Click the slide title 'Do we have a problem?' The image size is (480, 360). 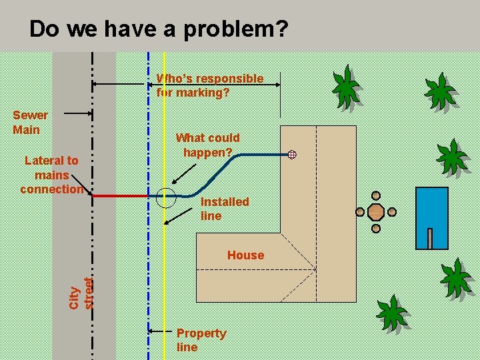pyautogui.click(x=158, y=29)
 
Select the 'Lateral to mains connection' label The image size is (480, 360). pyautogui.click(x=52, y=175)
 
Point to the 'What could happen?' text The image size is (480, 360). pyautogui.click(x=207, y=145)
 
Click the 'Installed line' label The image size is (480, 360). pyautogui.click(x=225, y=208)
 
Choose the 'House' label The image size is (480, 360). pyautogui.click(x=245, y=255)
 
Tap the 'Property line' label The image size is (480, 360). pyautogui.click(x=201, y=339)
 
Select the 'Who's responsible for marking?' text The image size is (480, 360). pyautogui.click(x=210, y=85)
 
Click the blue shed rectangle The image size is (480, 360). pyautogui.click(x=431, y=217)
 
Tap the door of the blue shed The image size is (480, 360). pyautogui.click(x=430, y=239)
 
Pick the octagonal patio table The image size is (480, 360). pyautogui.click(x=376, y=213)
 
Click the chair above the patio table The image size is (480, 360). pyautogui.click(x=376, y=196)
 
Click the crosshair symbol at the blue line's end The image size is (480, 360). pyautogui.click(x=292, y=155)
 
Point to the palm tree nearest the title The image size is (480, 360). pyautogui.click(x=347, y=87)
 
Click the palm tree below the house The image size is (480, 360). pyautogui.click(x=393, y=313)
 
